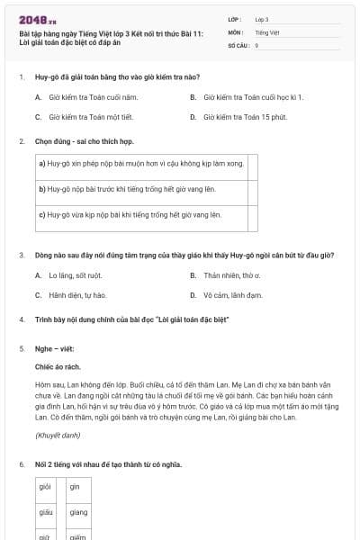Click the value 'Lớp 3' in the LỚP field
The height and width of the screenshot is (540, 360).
pos(262,19)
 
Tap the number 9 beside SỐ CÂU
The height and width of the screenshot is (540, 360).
pos(256,44)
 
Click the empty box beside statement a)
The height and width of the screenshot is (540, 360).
pos(252,164)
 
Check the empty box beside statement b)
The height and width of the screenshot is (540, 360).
pos(252,189)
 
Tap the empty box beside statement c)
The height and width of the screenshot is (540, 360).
pos(252,215)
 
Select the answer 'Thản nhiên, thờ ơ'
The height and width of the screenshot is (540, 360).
pos(231,274)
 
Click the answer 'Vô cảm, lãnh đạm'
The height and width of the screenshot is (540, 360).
pos(232,294)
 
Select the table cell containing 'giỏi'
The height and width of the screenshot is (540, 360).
pos(45,486)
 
